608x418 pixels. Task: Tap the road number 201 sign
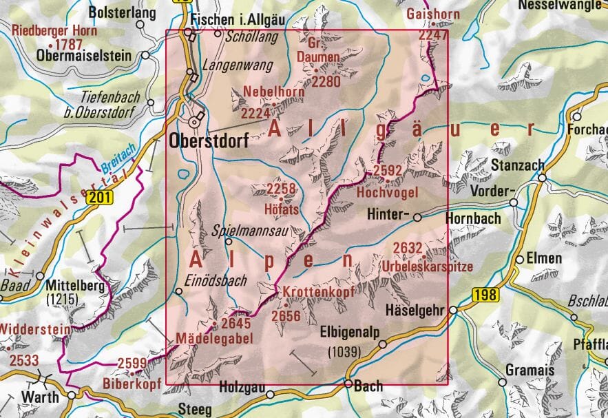(x=98, y=198)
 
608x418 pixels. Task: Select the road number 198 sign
(x=484, y=295)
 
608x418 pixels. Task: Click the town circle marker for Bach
(x=348, y=384)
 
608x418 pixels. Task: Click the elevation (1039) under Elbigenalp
(x=342, y=353)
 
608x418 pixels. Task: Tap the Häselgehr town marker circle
(x=453, y=311)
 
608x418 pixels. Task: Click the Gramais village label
(x=530, y=370)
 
